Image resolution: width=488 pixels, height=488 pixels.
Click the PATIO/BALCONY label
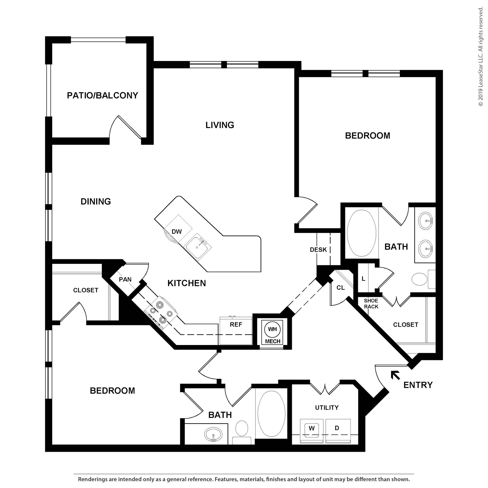tap(102, 96)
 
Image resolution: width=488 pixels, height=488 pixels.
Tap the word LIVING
tap(219, 125)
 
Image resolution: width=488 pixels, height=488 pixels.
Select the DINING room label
tap(96, 201)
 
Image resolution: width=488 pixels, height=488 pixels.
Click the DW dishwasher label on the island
tap(177, 232)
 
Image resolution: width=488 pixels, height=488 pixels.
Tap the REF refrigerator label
tap(236, 325)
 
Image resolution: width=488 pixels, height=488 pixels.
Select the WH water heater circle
tap(272, 329)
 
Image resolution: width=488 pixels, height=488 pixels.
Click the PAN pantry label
tap(125, 279)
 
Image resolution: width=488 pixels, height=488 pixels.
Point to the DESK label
tap(318, 250)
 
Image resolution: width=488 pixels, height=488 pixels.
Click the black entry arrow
tap(395, 375)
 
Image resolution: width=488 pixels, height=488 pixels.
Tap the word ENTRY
tap(418, 385)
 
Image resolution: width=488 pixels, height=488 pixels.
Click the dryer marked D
tap(337, 428)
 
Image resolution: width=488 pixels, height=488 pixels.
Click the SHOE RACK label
tap(371, 303)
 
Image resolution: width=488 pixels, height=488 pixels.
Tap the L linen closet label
tap(363, 279)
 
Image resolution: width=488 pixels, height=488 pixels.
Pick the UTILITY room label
tap(327, 407)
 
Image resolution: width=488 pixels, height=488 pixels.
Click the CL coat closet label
tap(340, 288)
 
